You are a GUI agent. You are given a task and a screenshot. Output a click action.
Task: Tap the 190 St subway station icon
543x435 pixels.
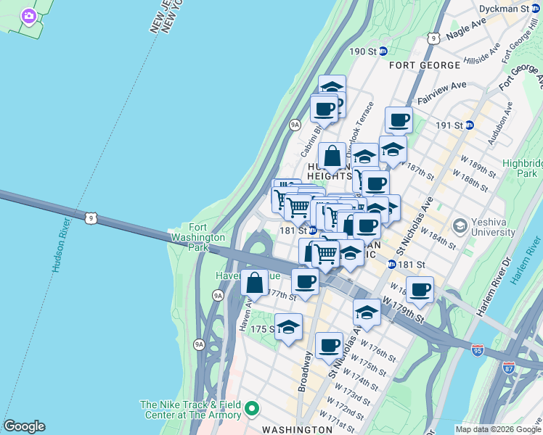coord(383,51)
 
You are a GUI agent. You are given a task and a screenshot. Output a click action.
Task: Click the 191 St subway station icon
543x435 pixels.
coord(470,125)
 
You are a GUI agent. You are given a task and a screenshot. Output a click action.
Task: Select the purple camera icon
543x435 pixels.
coord(29,16)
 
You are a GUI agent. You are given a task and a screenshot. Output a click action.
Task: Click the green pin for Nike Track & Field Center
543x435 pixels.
coord(252,410)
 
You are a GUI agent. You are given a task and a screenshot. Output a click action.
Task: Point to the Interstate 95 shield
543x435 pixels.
coord(477,350)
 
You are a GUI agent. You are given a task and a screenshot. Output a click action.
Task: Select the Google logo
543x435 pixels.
coord(24,426)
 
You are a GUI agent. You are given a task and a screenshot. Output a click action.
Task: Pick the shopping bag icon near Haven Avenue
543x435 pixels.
coord(254,283)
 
